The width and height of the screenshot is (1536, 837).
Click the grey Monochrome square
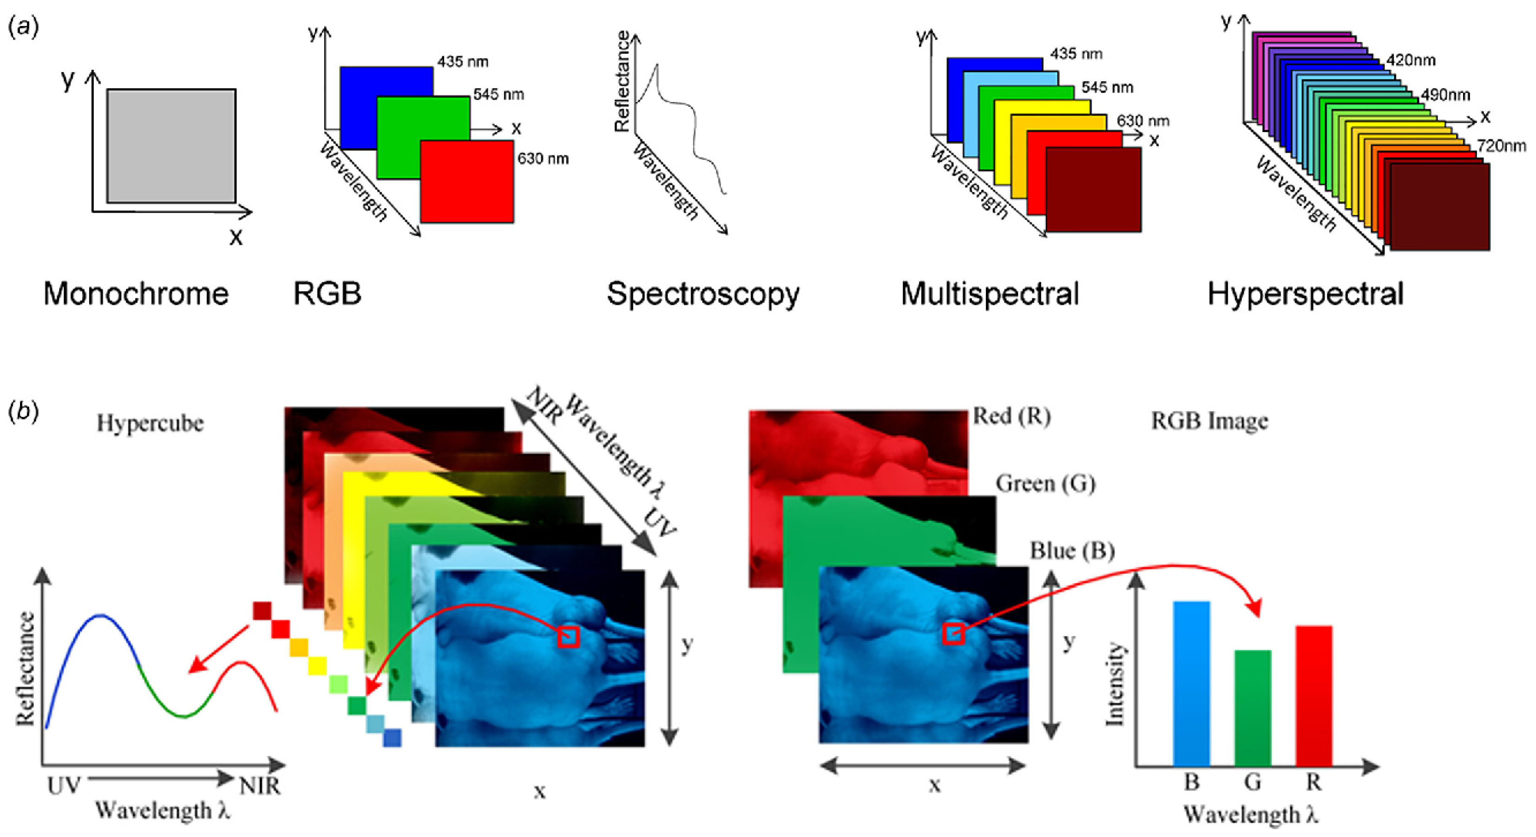(171, 146)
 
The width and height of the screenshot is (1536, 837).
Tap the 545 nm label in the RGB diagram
(499, 94)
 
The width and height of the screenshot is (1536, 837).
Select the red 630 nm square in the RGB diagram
(466, 181)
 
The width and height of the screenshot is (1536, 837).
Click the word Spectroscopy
(702, 294)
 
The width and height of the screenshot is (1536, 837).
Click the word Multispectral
(990, 294)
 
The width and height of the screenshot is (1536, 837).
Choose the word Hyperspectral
(1305, 294)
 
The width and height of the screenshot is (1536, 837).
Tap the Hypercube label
(150, 423)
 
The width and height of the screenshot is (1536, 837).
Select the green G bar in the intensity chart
(1253, 708)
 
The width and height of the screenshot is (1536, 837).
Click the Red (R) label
(1011, 417)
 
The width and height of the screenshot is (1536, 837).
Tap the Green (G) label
(1045, 483)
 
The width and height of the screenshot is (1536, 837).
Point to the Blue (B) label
(1072, 551)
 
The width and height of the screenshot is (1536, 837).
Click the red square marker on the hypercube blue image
(568, 637)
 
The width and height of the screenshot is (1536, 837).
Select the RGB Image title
(1209, 421)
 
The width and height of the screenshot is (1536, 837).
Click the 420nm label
(1411, 60)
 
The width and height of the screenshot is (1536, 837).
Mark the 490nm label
(1445, 95)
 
